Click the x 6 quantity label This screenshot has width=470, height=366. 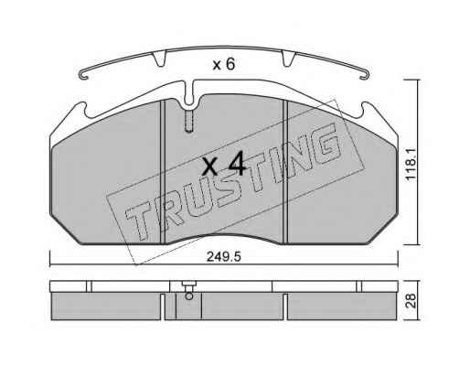224,64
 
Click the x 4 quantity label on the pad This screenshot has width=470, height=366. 223,165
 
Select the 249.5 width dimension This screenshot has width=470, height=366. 224,257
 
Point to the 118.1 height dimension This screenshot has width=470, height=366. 411,162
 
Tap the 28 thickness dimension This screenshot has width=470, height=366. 411,301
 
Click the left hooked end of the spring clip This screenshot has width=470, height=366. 83,75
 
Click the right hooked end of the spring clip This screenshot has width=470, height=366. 365,75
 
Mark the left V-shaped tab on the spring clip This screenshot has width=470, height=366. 159,58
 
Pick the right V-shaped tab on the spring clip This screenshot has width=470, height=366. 288,58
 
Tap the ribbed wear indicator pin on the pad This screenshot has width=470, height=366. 189,121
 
